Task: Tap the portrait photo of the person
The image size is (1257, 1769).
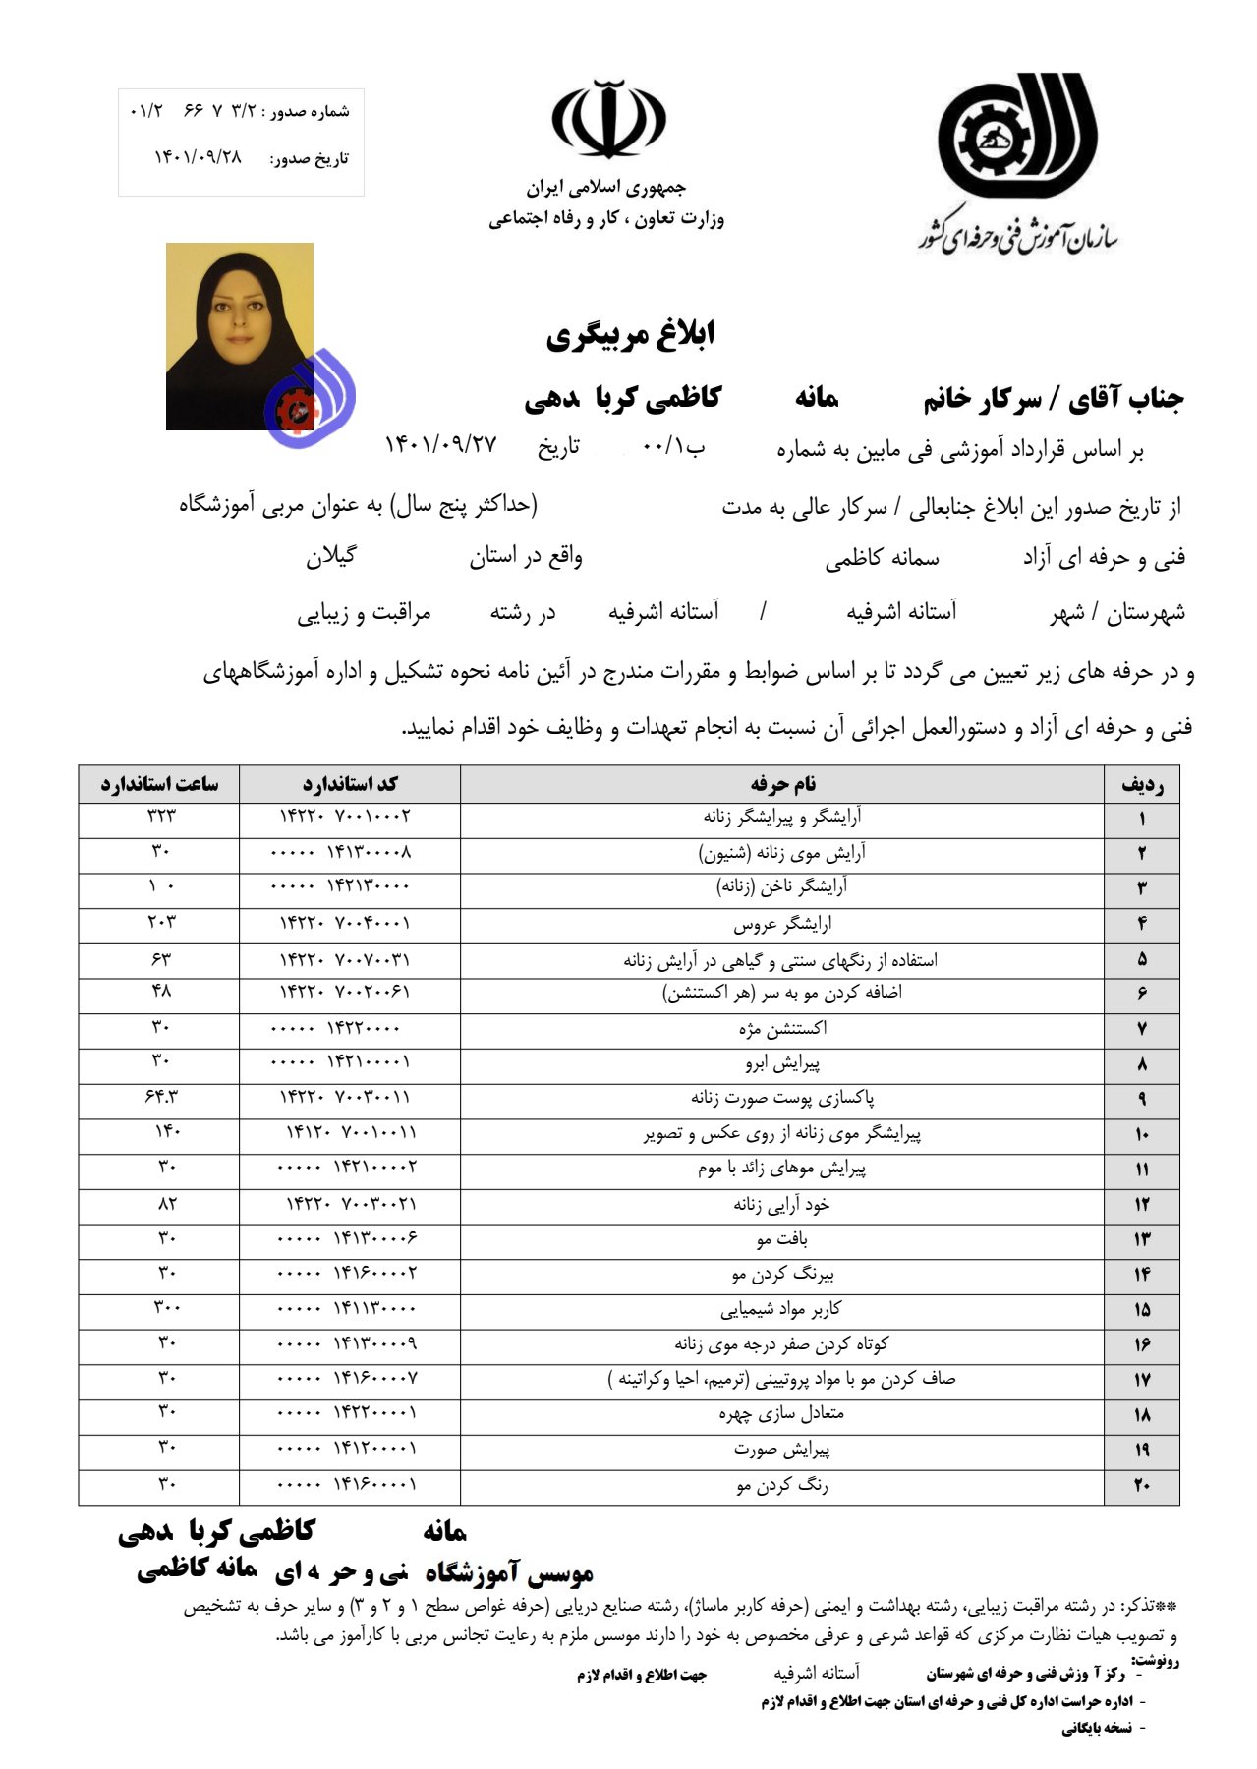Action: point(240,336)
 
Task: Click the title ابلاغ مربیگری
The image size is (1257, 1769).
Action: point(630,335)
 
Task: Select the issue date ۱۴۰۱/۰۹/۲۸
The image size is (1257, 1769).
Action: point(198,157)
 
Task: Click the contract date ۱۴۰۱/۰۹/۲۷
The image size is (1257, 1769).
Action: point(440,445)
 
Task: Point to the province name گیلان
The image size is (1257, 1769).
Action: point(330,557)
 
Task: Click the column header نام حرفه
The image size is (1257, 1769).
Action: point(782,784)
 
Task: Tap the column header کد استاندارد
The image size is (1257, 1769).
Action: point(350,784)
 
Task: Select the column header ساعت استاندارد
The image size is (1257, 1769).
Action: point(159,784)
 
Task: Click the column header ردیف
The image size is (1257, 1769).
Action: point(1142,784)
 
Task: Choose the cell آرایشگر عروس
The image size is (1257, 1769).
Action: point(782,924)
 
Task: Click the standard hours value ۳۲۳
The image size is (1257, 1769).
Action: point(161,816)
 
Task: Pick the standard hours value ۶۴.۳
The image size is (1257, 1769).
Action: point(161,1096)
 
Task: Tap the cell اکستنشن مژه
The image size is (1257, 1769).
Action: point(782,1028)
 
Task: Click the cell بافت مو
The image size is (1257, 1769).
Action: point(782,1239)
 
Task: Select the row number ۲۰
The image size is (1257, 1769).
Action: point(1142,1485)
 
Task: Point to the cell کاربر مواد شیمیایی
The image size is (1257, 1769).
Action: point(782,1309)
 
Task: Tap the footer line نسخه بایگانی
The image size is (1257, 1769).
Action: point(1096,1728)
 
